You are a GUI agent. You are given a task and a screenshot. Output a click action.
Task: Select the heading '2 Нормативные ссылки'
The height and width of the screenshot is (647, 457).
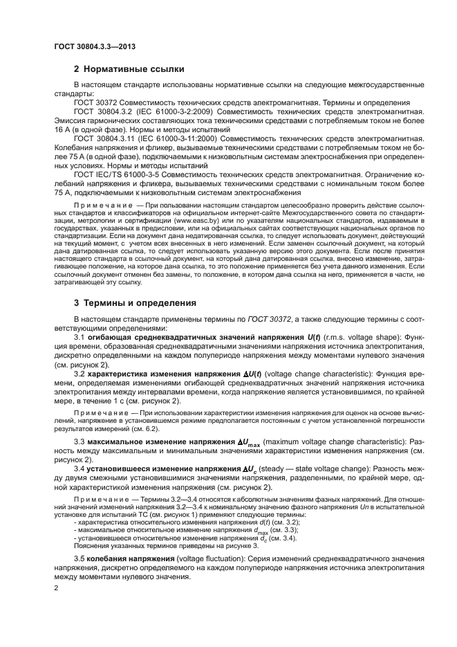pyautogui.click(x=129, y=69)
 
